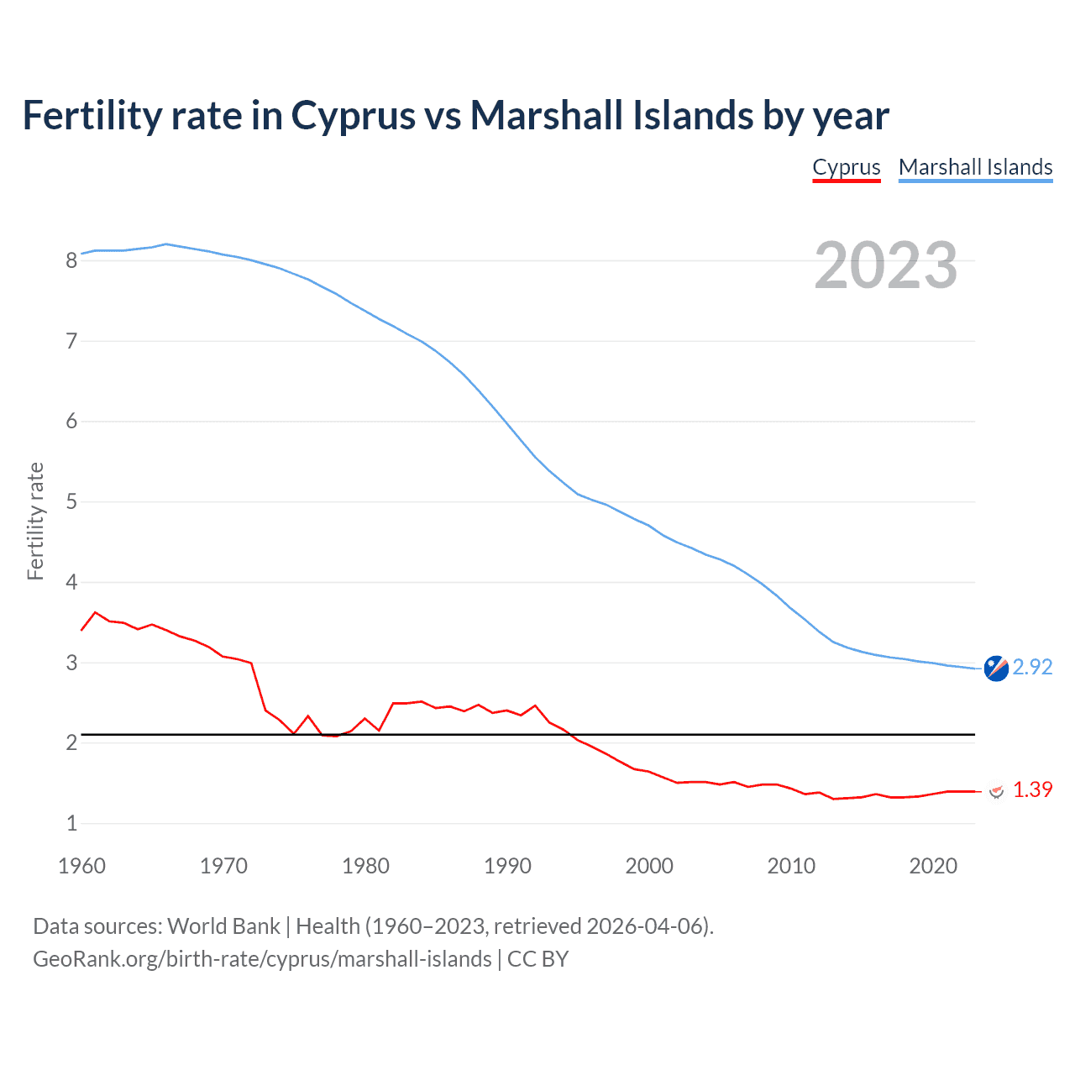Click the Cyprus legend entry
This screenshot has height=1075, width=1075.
point(846,167)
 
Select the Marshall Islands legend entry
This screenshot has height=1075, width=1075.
point(975,167)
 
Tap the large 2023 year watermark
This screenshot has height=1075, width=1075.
point(885,265)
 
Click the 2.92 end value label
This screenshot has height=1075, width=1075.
point(1032,667)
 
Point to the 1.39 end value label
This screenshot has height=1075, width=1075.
point(1032,790)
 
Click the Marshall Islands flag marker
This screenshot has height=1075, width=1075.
point(996,669)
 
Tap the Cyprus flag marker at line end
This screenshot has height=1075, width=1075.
point(996,791)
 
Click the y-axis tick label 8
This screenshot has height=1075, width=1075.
point(72,260)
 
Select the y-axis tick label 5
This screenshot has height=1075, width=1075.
point(72,502)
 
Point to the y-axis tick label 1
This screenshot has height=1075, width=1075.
point(72,824)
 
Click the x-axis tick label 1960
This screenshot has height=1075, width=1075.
point(81,866)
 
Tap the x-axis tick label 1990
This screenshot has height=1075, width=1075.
point(507,866)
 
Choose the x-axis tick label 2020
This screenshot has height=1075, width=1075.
point(933,866)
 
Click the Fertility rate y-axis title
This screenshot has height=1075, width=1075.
point(35,521)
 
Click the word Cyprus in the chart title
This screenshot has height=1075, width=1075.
point(353,115)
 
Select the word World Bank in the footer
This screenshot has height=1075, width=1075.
point(223,926)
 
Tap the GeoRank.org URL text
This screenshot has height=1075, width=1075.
point(262,959)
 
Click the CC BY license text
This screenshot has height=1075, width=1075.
point(537,959)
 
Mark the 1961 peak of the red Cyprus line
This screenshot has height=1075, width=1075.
point(95,612)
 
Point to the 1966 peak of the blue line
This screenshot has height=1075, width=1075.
point(166,244)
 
